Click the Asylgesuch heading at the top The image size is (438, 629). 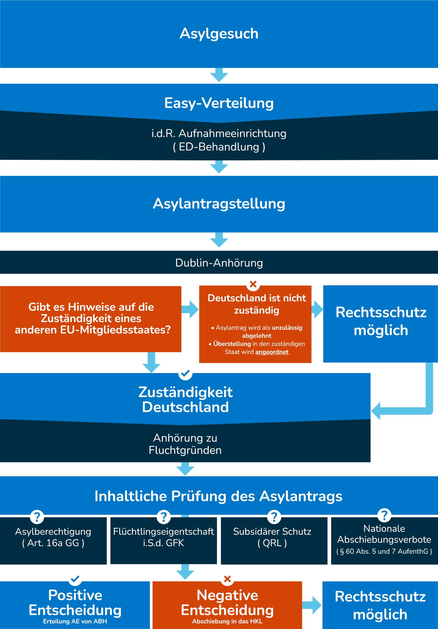[219, 34]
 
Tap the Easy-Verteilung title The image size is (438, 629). [219, 103]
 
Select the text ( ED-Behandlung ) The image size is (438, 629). [219, 147]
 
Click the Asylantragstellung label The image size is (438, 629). [219, 204]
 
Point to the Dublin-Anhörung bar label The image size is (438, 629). [219, 263]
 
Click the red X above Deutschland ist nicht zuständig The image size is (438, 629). [253, 284]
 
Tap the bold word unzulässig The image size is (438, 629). [287, 328]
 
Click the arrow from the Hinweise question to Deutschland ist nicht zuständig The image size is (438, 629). [190, 309]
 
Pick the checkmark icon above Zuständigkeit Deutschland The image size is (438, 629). [185, 373]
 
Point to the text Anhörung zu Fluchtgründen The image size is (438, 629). [185, 444]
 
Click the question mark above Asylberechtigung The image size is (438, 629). [37, 517]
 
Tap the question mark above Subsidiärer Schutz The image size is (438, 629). [274, 517]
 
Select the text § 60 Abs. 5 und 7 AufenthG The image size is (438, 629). [384, 551]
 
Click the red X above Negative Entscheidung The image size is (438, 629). [227, 579]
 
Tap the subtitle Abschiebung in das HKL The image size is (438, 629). [227, 621]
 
